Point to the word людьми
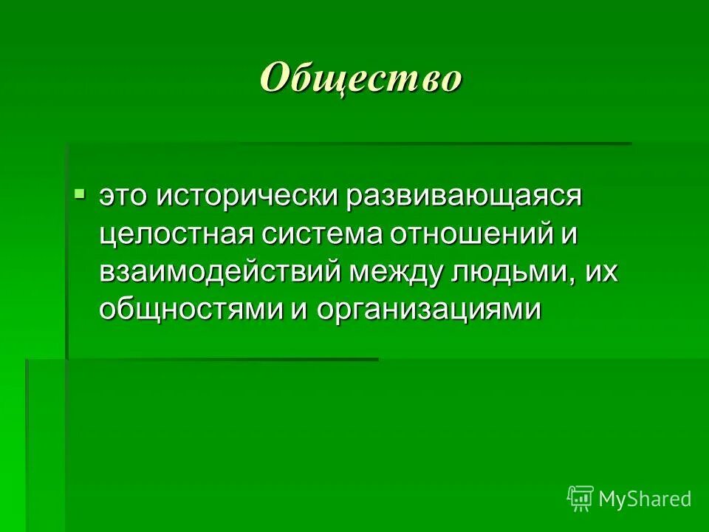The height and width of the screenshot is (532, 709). [x=510, y=272]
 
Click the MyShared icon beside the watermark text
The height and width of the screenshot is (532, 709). [x=580, y=499]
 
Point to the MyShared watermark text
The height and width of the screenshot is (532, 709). [x=645, y=499]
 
